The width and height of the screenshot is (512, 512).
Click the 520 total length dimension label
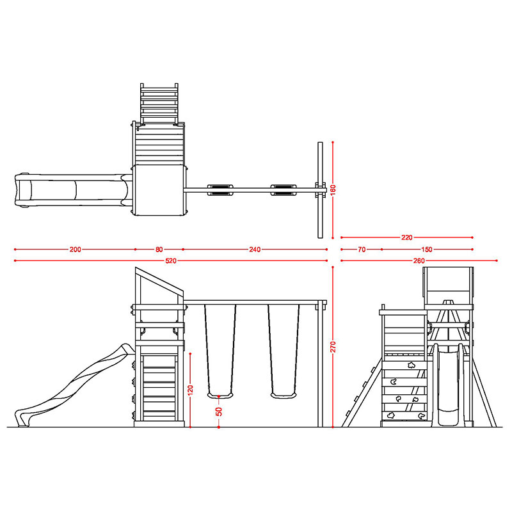pyautogui.click(x=171, y=260)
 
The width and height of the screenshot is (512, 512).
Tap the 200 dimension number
pyautogui.click(x=75, y=250)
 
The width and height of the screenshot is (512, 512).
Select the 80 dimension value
pyautogui.click(x=159, y=250)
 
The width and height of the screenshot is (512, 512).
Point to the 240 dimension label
pyautogui.click(x=255, y=250)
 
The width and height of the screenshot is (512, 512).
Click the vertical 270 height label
pyautogui.click(x=333, y=347)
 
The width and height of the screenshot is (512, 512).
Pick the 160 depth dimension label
pyautogui.click(x=333, y=190)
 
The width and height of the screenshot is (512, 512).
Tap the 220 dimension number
pyautogui.click(x=407, y=237)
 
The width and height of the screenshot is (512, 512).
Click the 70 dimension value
pyautogui.click(x=362, y=250)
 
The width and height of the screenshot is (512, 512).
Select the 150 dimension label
pyautogui.click(x=426, y=250)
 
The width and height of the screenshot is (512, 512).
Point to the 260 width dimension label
pyautogui.click(x=419, y=260)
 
